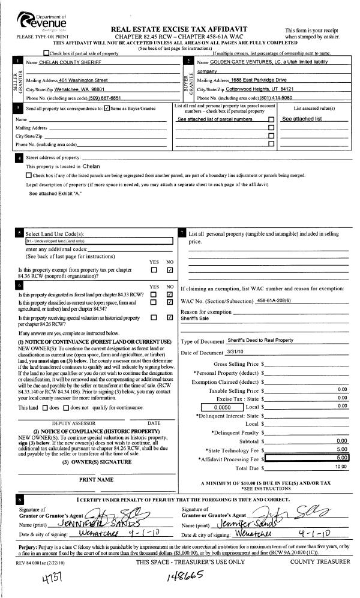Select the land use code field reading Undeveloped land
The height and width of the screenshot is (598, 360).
[x=95, y=241]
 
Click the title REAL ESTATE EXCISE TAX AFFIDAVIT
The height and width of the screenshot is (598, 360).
[x=179, y=29]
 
